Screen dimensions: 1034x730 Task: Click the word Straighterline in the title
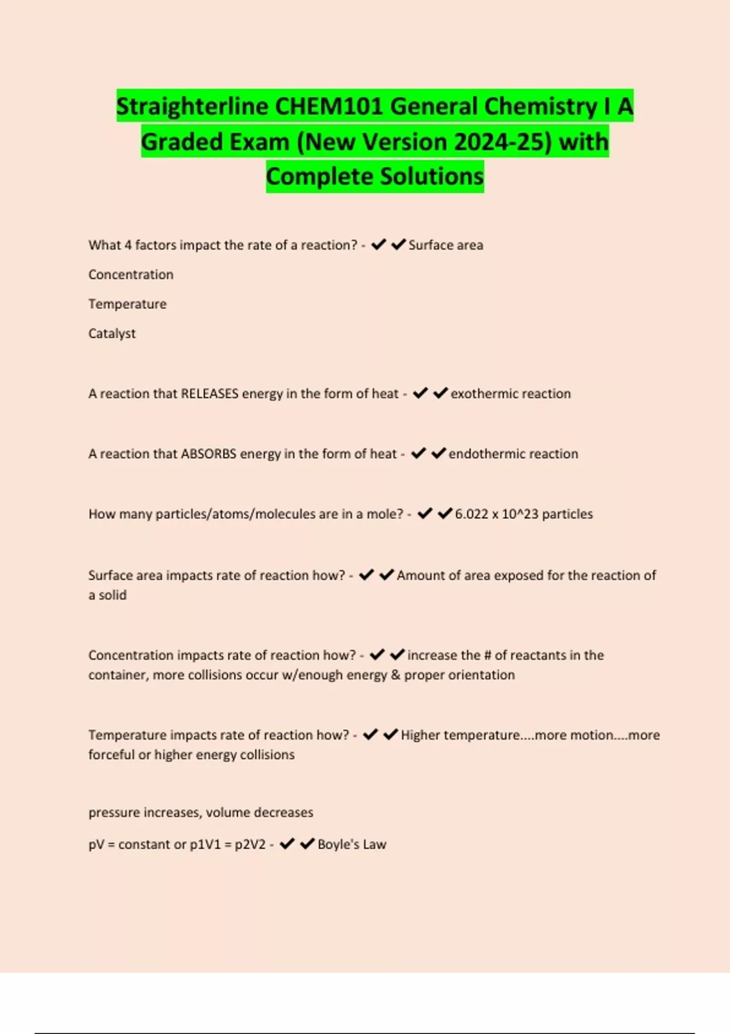click(192, 106)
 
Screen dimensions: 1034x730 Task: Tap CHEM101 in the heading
click(329, 106)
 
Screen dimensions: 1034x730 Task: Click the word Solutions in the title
click(433, 176)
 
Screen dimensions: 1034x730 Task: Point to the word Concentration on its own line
click(131, 274)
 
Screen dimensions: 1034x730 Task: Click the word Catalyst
click(112, 333)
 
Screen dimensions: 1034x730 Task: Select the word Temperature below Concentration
click(127, 304)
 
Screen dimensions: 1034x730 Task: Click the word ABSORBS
click(209, 454)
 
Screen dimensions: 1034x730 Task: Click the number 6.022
click(471, 514)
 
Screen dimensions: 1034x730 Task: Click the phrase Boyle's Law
click(352, 844)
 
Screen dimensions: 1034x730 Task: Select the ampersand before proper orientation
click(395, 675)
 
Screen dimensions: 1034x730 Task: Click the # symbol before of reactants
click(487, 655)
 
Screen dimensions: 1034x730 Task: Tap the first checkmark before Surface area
click(378, 245)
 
